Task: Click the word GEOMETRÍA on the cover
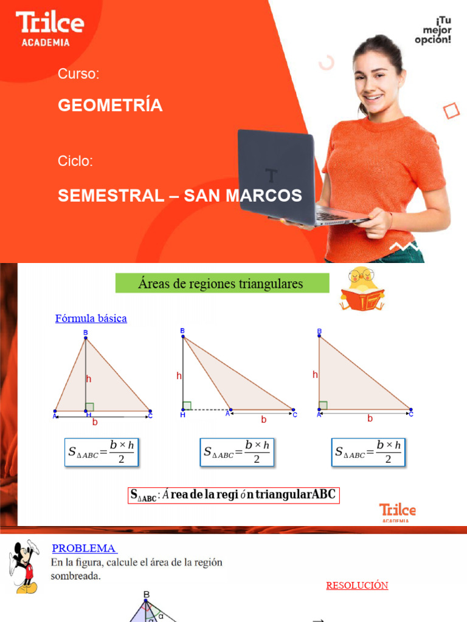click(x=110, y=106)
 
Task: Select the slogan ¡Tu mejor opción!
click(x=433, y=30)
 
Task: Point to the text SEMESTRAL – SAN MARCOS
click(x=179, y=196)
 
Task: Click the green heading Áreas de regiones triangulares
click(x=222, y=283)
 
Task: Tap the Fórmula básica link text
click(x=91, y=318)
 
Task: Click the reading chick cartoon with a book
click(x=362, y=289)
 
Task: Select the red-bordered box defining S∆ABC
click(x=233, y=495)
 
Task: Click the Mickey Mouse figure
click(x=23, y=567)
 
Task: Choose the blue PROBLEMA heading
click(x=84, y=549)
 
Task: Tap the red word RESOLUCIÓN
click(x=357, y=586)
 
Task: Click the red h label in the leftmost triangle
click(x=89, y=379)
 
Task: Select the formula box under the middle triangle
click(x=237, y=453)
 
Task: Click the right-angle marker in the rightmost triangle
click(x=323, y=405)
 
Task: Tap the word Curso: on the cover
click(x=78, y=74)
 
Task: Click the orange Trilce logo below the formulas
click(x=397, y=511)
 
